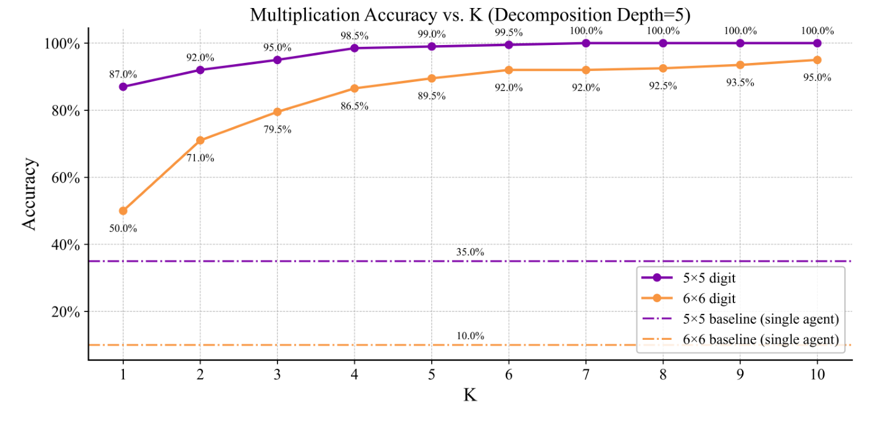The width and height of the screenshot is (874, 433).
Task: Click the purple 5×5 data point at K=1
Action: click(123, 87)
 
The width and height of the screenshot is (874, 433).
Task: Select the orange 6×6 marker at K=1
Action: click(123, 211)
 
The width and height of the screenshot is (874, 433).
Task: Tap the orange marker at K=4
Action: click(355, 89)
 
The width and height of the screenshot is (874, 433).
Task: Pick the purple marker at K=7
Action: click(586, 43)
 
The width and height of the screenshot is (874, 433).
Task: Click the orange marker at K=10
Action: click(817, 60)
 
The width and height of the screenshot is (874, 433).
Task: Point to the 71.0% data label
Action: click(200, 158)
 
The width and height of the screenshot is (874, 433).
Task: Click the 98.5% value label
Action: click(355, 36)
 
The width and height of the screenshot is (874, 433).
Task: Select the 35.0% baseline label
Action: click(470, 252)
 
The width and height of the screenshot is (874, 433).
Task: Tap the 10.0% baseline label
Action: click(470, 336)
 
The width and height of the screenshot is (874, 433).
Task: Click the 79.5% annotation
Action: click(278, 130)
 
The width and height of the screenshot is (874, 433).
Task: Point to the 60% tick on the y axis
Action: click(64, 178)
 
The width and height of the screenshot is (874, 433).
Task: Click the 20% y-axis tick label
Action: click(64, 312)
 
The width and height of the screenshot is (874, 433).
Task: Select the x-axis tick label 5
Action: click(432, 374)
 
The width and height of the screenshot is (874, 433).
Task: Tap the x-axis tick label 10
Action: click(817, 374)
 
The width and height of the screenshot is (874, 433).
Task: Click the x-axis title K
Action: click(470, 395)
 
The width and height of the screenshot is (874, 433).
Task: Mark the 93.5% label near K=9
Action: click(740, 82)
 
